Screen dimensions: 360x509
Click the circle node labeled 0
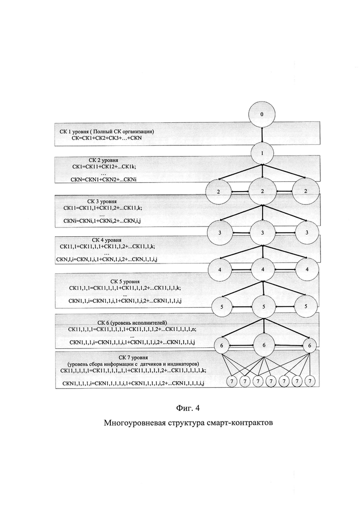coord(262,114)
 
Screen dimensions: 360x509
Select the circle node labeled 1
coord(262,153)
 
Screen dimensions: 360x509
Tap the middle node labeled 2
coord(262,191)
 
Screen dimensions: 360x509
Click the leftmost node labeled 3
coord(220,233)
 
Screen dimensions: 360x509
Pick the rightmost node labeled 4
coord(307,269)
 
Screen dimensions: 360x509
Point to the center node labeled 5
coord(263,306)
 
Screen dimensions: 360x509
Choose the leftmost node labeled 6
coord(222,345)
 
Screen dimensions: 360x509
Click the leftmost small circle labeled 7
coord(232,381)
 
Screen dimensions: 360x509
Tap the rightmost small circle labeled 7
coord(310,381)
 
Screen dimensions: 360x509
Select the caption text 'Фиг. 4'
coord(188,408)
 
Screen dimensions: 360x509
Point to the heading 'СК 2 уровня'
coord(103,160)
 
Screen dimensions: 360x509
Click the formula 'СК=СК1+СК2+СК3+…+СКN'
coord(107,138)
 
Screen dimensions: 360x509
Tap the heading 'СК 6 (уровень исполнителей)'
coord(132,323)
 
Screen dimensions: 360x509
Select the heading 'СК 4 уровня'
coord(107,240)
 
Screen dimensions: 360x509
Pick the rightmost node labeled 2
coord(305,191)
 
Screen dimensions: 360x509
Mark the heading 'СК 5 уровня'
coord(125,281)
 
